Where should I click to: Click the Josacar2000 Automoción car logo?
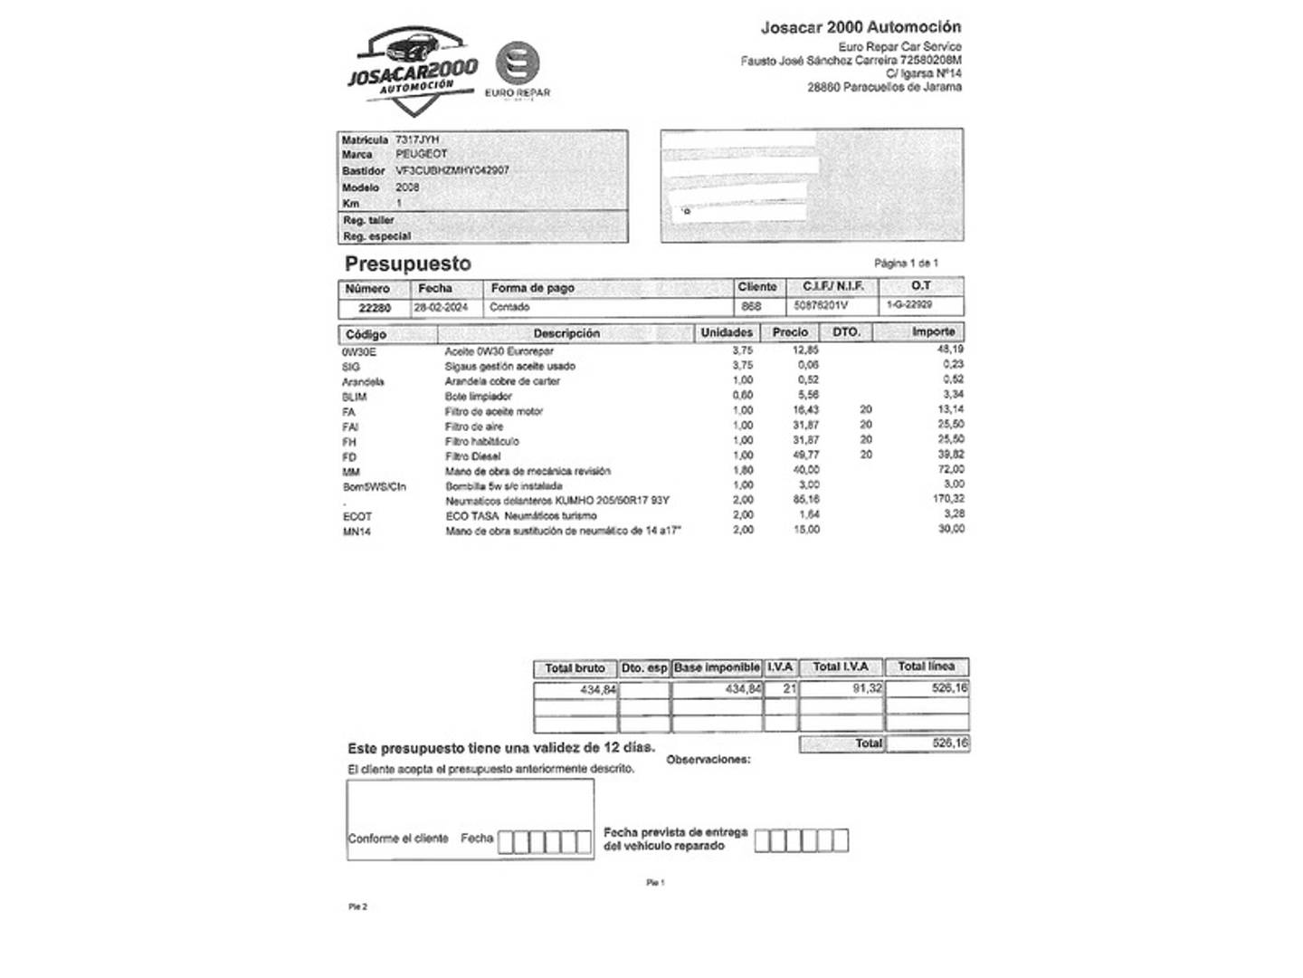tap(413, 71)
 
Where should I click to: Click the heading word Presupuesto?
tap(408, 264)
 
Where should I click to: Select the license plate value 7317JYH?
tap(417, 139)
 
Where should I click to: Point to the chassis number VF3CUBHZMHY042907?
tap(452, 170)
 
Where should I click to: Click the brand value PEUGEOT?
tap(422, 154)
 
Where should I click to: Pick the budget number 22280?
tap(375, 308)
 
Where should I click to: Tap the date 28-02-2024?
tap(442, 307)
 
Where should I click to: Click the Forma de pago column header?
tap(533, 288)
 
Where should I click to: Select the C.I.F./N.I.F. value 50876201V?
tap(821, 306)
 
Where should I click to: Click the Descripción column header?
tap(566, 333)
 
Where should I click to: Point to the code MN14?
tap(357, 532)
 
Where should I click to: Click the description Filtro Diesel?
tap(472, 456)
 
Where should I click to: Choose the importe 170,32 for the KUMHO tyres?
tap(948, 499)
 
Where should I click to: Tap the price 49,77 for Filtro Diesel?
tap(805, 455)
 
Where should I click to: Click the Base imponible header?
tap(717, 667)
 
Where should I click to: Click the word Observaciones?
tap(709, 760)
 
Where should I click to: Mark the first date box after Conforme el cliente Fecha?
tap(507, 842)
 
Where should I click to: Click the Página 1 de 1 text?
tap(906, 264)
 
